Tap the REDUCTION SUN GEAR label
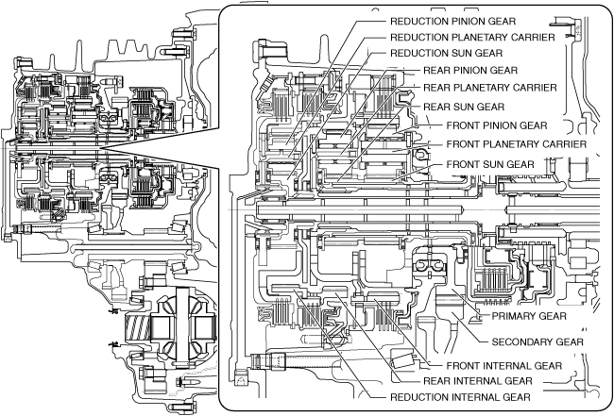coord(446,53)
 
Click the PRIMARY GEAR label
coord(524,316)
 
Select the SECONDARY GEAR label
coord(537,341)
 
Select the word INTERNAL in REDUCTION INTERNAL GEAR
coord(476,397)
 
